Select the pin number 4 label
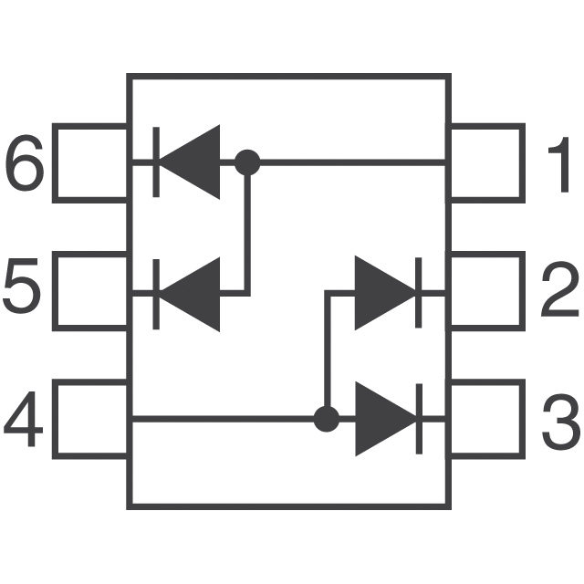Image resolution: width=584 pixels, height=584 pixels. click(23, 419)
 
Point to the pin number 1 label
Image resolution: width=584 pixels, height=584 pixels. click(559, 164)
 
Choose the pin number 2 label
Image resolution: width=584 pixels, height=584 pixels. click(559, 289)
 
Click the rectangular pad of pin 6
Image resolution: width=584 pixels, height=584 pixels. click(55, 163)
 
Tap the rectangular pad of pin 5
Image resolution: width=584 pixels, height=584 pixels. click(55, 291)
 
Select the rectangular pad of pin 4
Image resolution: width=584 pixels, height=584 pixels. click(55, 419)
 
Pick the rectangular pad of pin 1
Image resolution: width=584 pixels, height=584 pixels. click(523, 163)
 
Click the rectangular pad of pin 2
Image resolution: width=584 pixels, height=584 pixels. click(523, 291)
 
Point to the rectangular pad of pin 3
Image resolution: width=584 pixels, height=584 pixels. click(523, 419)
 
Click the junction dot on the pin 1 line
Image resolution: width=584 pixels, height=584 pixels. click(247, 162)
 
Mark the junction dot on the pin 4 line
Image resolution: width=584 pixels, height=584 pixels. click(327, 419)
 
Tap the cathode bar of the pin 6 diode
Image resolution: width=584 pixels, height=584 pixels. click(156, 162)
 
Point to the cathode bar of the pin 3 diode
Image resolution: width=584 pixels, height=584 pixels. click(419, 419)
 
